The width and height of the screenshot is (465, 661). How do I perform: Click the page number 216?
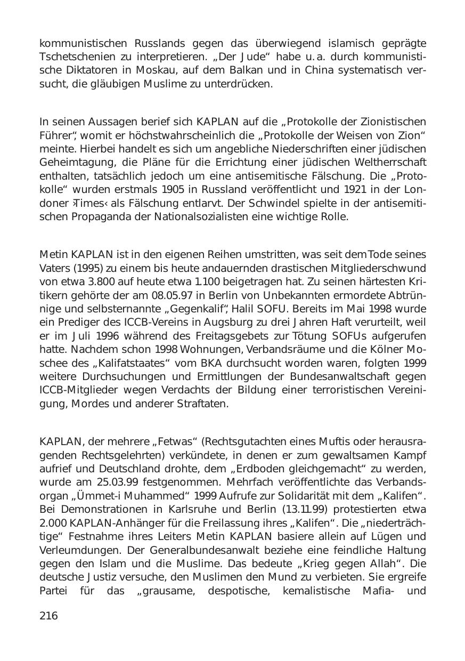tap(48, 616)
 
